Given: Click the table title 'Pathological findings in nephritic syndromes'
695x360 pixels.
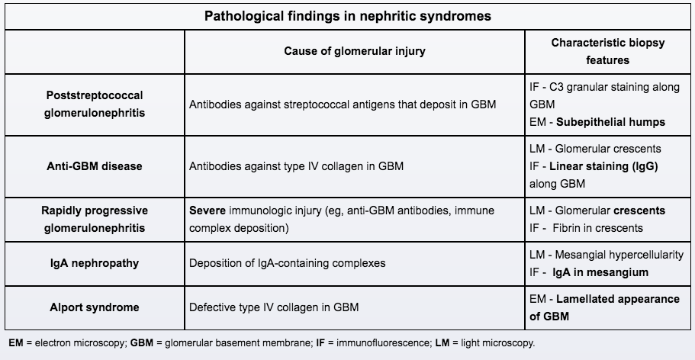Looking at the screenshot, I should [x=347, y=15].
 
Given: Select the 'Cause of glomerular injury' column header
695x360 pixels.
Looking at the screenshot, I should [x=355, y=51].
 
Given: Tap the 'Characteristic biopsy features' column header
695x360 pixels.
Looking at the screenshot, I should [x=608, y=51].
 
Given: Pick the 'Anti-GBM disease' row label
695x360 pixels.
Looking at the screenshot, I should [x=95, y=166].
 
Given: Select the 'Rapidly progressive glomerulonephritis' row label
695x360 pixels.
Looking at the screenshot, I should [x=95, y=219].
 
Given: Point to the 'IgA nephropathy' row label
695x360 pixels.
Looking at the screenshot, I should [x=95, y=263].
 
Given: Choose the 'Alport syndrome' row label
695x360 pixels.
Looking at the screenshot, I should [x=95, y=307].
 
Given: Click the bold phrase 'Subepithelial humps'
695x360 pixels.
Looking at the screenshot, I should [x=610, y=122].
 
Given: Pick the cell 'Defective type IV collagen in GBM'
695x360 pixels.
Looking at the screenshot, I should [x=274, y=307].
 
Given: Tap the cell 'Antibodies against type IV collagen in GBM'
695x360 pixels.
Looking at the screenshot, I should [x=296, y=166].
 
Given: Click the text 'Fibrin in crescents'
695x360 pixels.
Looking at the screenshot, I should [x=602, y=228].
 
